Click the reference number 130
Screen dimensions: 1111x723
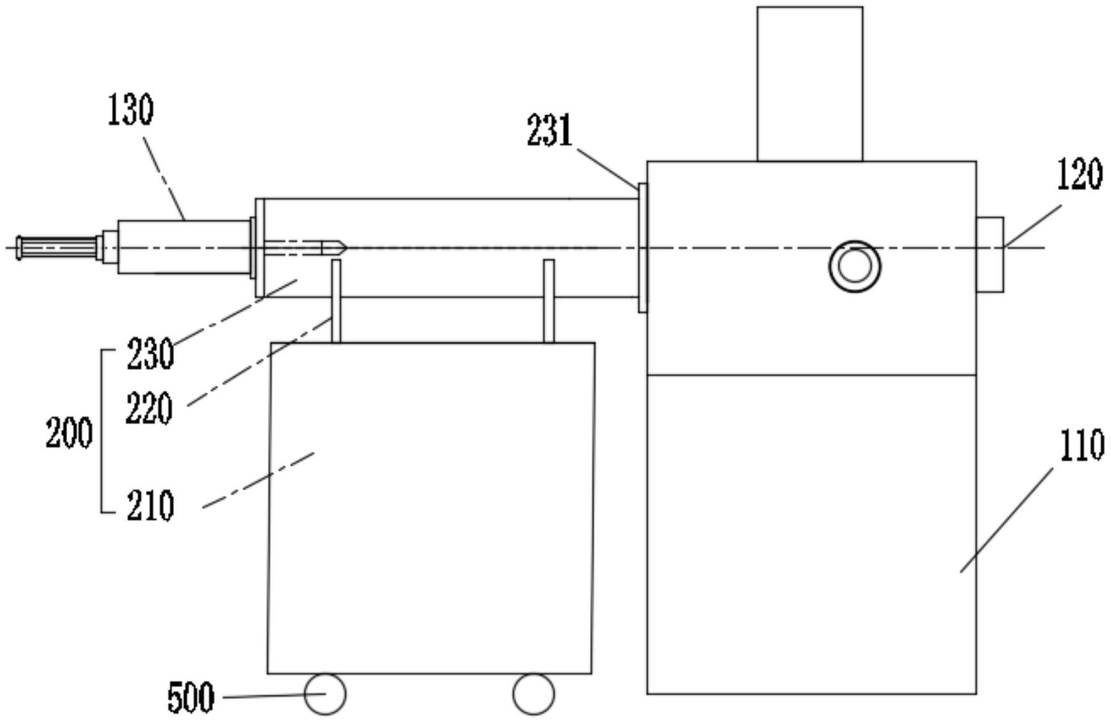(x=130, y=110)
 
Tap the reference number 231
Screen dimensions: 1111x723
(x=549, y=131)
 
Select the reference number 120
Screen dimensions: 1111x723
(x=1079, y=174)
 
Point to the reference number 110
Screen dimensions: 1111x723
(x=1082, y=446)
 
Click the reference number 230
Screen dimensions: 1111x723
(x=150, y=354)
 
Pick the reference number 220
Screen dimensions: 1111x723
(x=149, y=408)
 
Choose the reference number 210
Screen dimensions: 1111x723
(x=150, y=506)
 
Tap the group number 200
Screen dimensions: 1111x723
(x=69, y=433)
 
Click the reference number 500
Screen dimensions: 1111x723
(x=190, y=697)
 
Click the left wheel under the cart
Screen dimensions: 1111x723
(x=325, y=694)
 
